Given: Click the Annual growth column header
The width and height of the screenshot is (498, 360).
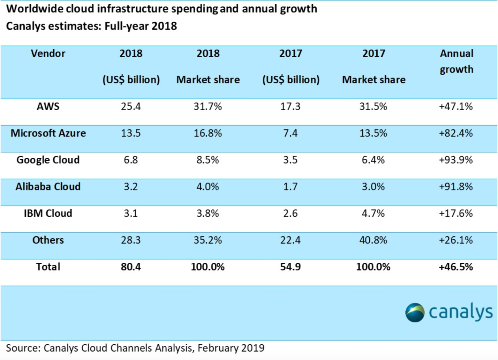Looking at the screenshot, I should tap(456, 61).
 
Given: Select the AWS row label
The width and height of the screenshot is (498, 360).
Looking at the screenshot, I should tap(48, 106).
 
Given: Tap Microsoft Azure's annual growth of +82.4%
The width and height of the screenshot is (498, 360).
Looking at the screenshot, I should tap(456, 133).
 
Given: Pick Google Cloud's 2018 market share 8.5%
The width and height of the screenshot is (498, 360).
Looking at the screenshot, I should tap(207, 160).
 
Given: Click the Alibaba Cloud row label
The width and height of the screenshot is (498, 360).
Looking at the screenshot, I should tap(48, 187).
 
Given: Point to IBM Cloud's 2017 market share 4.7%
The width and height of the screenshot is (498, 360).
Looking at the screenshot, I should tap(373, 213).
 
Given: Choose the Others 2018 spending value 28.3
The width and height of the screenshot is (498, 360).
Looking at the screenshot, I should tap(131, 240).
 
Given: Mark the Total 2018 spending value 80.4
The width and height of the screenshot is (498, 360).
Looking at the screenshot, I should tap(131, 267).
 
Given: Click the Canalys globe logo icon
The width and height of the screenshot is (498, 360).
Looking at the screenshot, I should tap(415, 312).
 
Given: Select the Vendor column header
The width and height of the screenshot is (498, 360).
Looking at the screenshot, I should tap(48, 53).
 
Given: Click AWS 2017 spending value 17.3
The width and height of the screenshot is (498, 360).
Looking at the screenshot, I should tap(290, 106).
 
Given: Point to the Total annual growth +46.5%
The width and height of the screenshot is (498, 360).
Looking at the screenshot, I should tap(456, 267).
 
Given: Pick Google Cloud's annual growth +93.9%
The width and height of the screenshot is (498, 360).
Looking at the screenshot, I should tap(456, 160).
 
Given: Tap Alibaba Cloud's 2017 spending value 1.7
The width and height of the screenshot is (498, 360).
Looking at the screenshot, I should tap(290, 187).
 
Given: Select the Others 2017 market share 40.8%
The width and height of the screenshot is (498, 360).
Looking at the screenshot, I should tap(373, 240).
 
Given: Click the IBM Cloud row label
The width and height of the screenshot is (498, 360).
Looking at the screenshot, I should tap(48, 213).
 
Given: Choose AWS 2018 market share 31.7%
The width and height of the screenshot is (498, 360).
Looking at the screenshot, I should tap(207, 106).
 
